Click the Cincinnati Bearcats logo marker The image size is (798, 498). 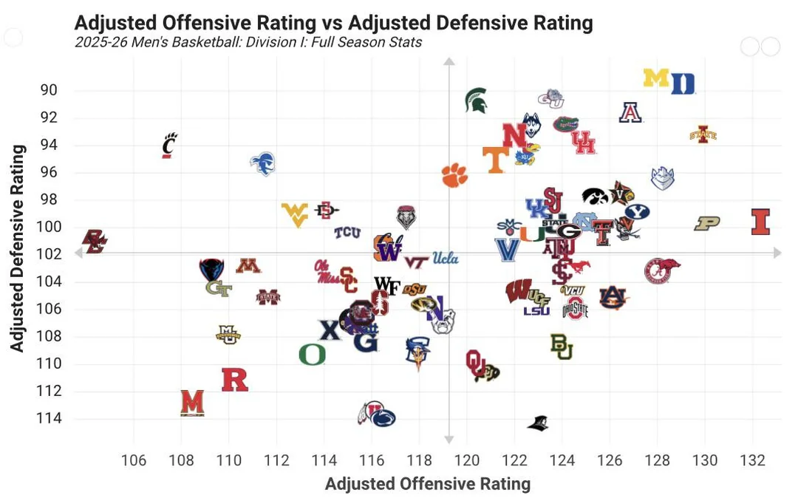coord(170,145)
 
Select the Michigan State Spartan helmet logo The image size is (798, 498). coord(476,100)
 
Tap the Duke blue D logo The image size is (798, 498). coord(683,83)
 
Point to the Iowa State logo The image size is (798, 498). coord(703,134)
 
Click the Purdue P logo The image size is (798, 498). coord(706,223)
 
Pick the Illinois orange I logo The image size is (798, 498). coord(760,222)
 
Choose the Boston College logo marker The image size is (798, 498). coord(95,241)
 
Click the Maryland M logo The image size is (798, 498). coord(192,403)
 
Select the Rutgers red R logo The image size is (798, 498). coord(235,380)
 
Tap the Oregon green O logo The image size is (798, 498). coord(312,355)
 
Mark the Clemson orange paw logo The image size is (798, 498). coord(455,175)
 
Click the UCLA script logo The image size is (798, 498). coord(446,259)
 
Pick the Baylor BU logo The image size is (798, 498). coord(562,347)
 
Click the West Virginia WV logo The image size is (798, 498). coord(295,214)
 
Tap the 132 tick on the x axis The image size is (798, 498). coord(752,461)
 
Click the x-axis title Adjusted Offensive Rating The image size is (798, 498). coord(428,485)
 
